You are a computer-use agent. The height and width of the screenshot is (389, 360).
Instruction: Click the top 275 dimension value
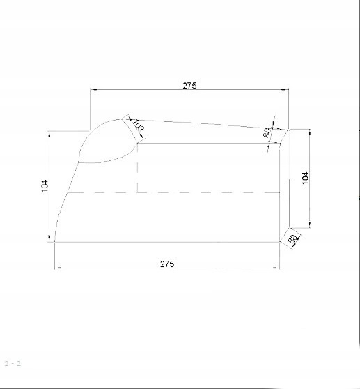point(189,86)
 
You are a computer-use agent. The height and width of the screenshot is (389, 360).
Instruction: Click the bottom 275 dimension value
point(167,263)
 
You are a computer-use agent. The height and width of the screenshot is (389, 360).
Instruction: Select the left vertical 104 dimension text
point(45,185)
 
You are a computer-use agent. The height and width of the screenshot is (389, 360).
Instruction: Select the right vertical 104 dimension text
point(305,177)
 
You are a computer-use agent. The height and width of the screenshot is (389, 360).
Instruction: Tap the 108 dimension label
point(137,126)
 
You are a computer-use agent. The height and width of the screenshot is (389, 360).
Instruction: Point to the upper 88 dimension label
point(267,132)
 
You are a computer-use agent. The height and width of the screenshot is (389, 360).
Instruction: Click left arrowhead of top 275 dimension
point(93,90)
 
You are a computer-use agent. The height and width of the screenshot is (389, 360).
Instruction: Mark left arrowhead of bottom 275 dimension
point(58,268)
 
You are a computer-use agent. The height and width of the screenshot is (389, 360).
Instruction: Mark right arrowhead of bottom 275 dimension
point(278,268)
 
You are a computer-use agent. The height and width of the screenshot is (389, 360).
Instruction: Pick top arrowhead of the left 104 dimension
point(50,133)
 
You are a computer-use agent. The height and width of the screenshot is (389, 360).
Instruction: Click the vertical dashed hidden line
point(138,167)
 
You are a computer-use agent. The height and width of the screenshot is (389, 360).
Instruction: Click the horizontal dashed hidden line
point(209,192)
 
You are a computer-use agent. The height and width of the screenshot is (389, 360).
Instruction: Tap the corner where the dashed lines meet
point(138,192)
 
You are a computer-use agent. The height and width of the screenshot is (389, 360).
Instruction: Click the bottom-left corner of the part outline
point(54,242)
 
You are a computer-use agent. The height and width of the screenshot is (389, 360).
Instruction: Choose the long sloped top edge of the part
point(202,123)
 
